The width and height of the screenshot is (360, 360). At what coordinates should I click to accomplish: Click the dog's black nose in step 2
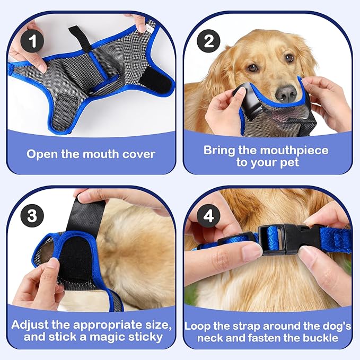click(286, 93)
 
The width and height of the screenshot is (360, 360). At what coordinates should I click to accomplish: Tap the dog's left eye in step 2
click(253, 67)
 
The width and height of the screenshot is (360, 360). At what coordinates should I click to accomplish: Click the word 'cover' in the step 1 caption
click(137, 154)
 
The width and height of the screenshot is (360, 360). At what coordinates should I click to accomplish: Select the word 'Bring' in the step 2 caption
click(219, 150)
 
